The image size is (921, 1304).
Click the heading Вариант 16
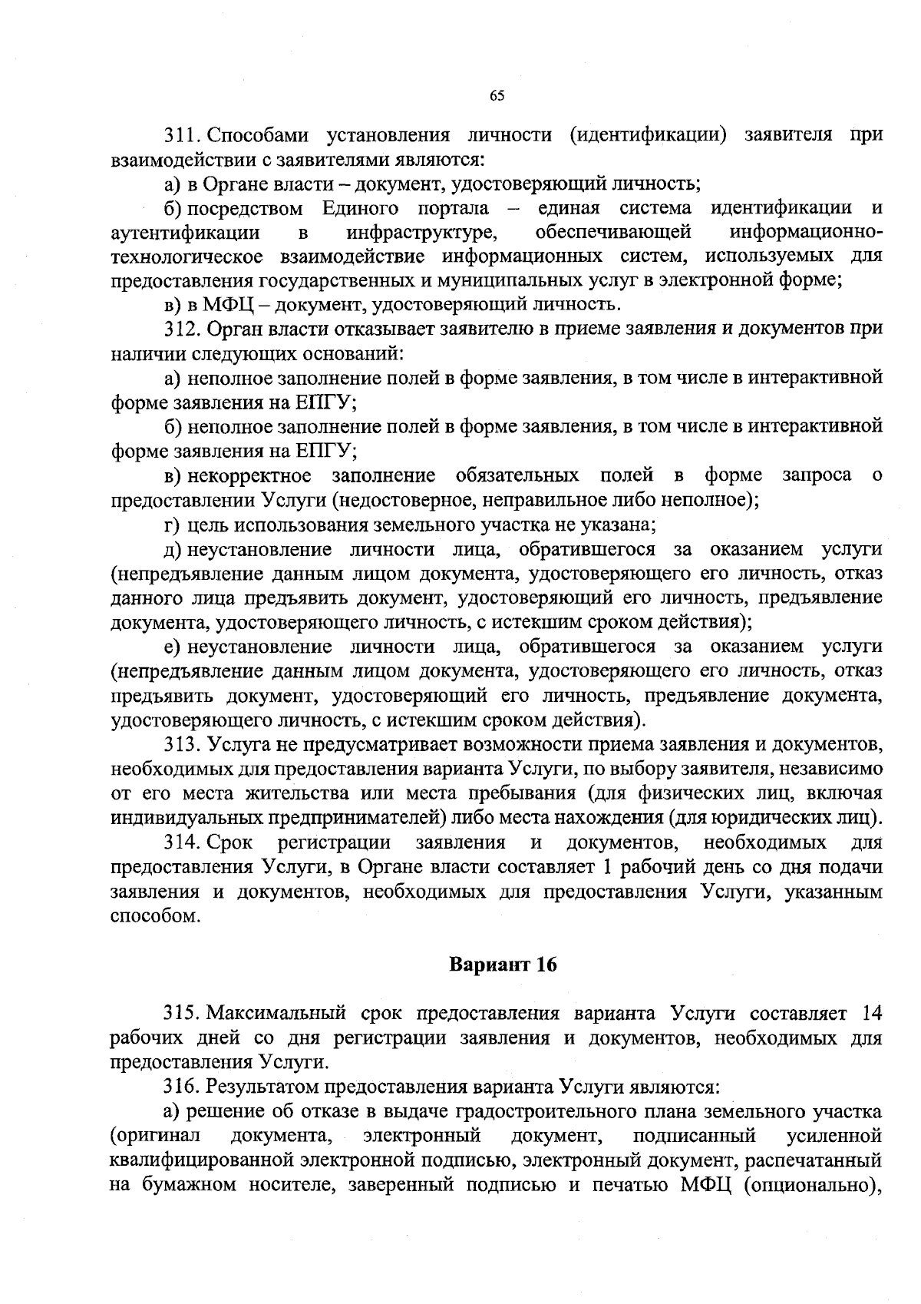503,965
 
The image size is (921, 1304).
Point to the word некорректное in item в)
249,475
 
